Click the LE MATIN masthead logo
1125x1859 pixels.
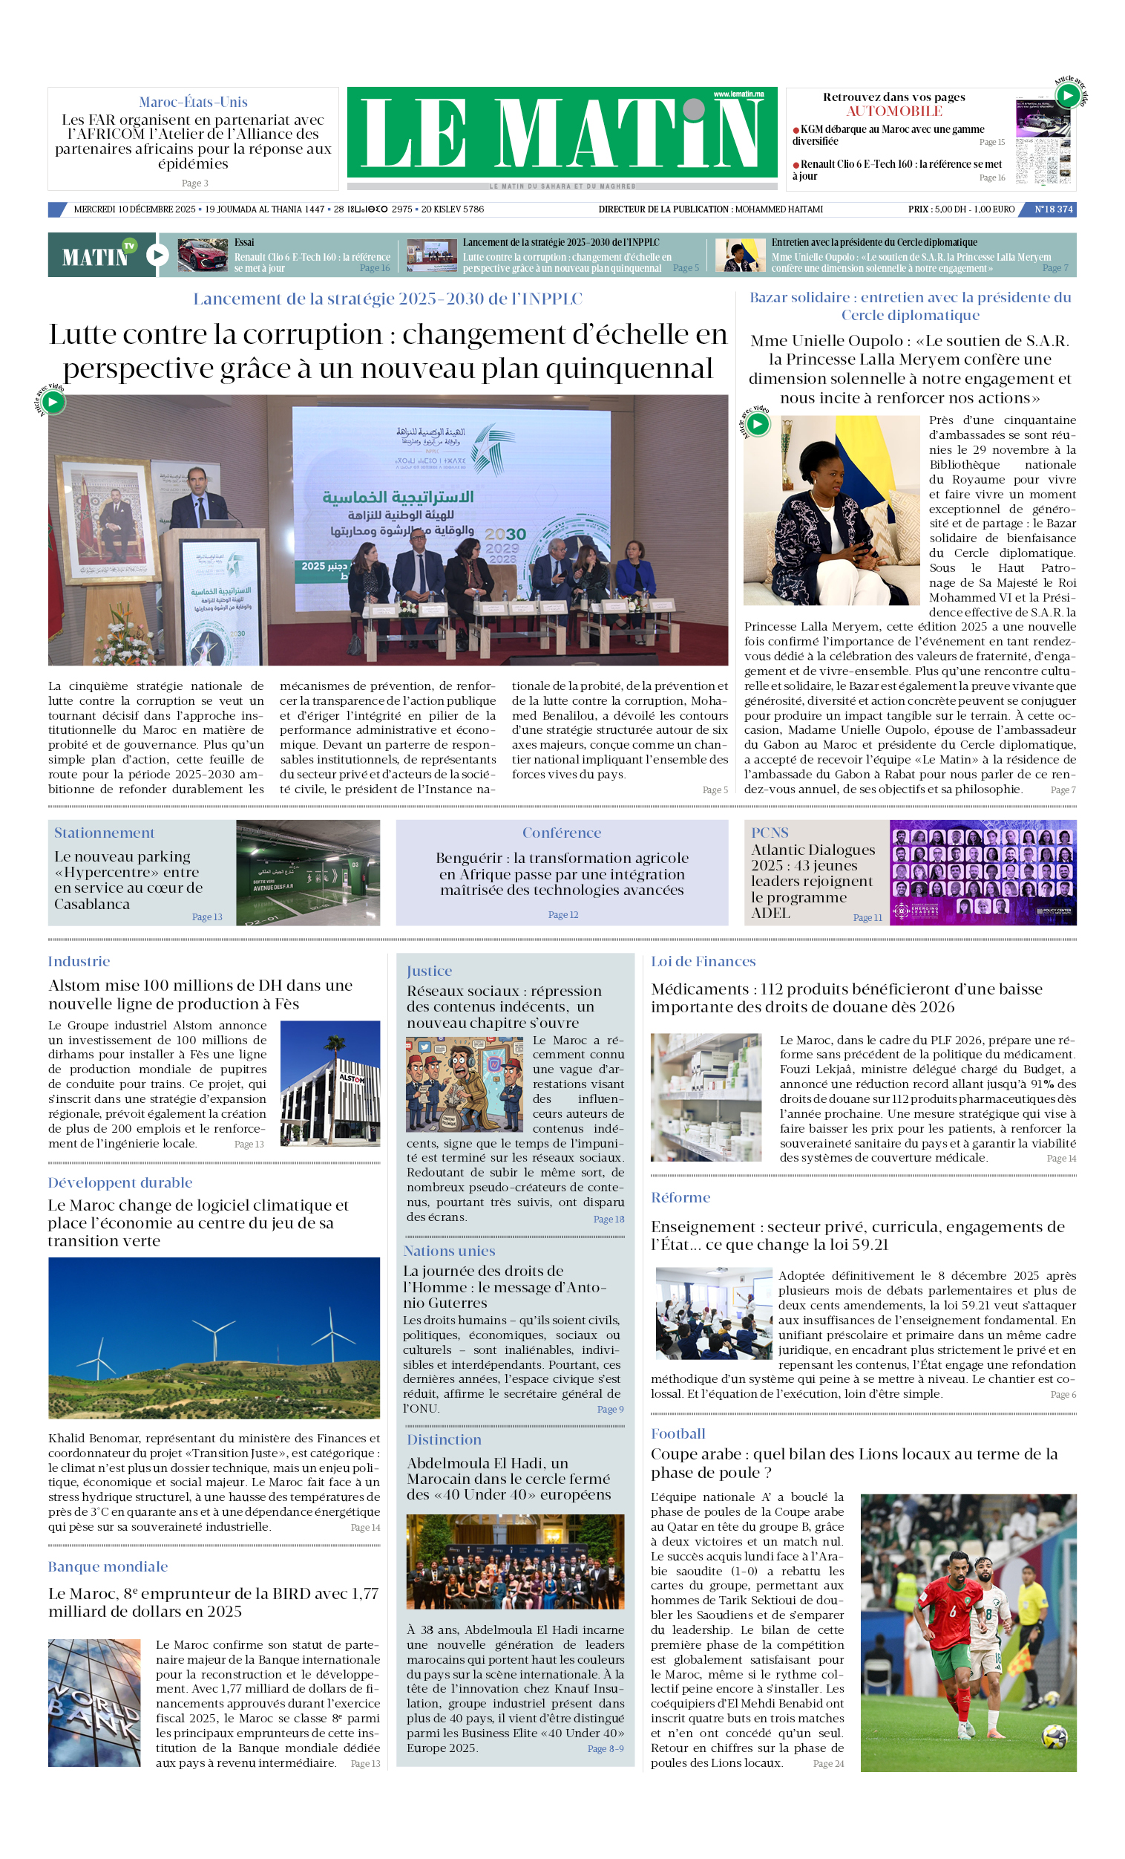(x=562, y=133)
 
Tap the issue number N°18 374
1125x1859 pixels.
(x=1052, y=209)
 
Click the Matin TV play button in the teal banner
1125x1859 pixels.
(x=157, y=255)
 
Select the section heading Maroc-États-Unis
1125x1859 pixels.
(x=193, y=102)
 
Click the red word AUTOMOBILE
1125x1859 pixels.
(x=893, y=111)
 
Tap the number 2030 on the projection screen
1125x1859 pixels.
(x=505, y=534)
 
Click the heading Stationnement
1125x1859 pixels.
(x=104, y=833)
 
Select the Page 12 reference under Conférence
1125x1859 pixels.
(x=562, y=914)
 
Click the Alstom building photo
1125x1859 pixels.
(x=329, y=1083)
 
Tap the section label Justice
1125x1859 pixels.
(x=429, y=971)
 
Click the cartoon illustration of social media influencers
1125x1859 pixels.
(x=464, y=1084)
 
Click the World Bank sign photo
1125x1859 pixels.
(x=94, y=1702)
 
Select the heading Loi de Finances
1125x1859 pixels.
(x=703, y=961)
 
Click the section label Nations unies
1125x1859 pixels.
(x=449, y=1251)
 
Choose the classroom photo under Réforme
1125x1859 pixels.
(x=713, y=1313)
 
